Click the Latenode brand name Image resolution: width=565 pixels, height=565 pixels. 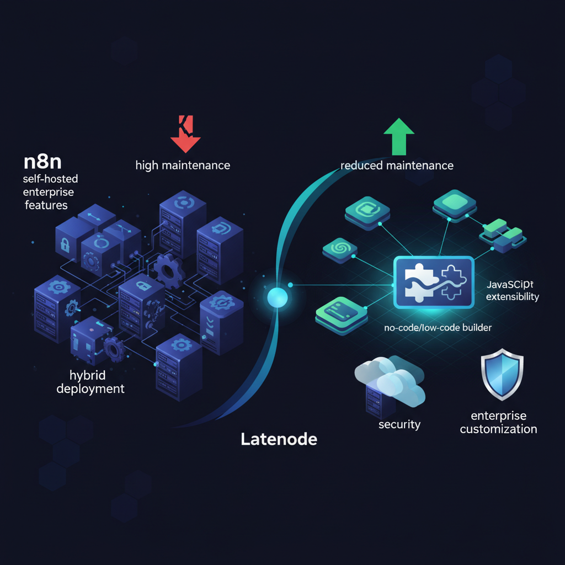tap(279, 439)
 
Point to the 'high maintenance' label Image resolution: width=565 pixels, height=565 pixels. tap(183, 165)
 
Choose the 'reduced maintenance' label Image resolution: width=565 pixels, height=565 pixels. tap(397, 165)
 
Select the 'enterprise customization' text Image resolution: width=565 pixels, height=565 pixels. tap(498, 422)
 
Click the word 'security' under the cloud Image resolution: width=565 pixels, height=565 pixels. tap(399, 424)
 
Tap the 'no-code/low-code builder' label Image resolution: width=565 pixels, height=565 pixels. tap(438, 327)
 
